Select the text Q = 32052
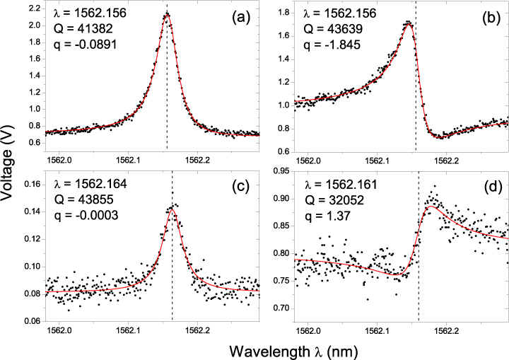coord(332,199)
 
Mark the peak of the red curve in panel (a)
coord(167,16)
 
